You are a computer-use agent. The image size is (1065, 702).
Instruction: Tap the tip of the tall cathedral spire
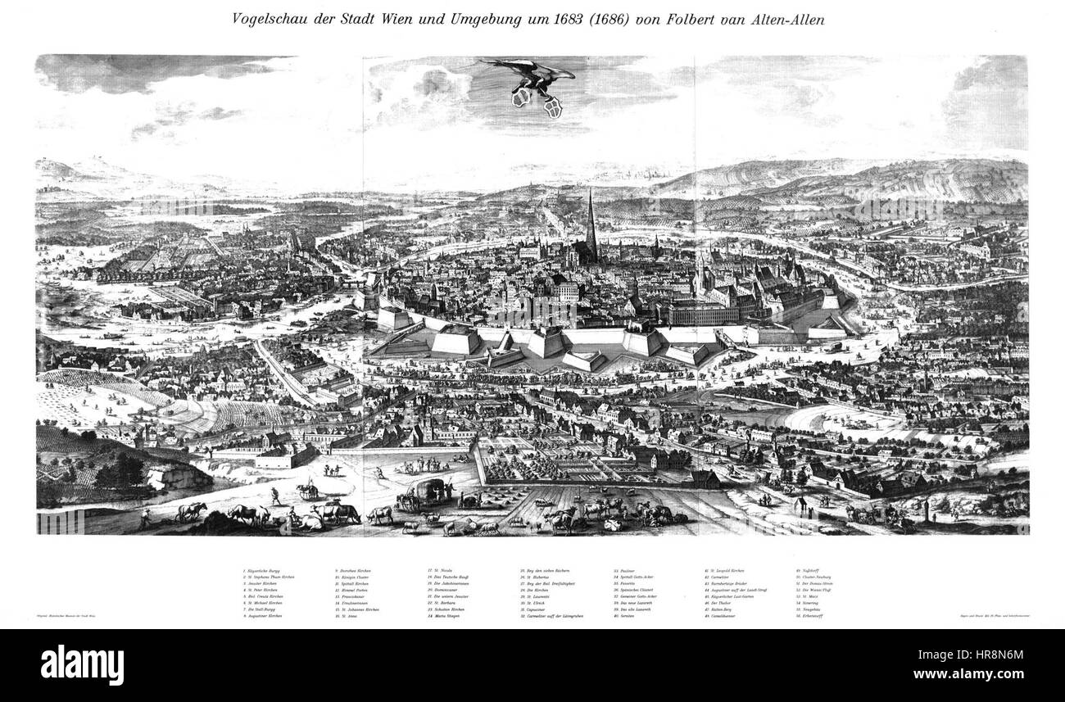(x=591, y=190)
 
